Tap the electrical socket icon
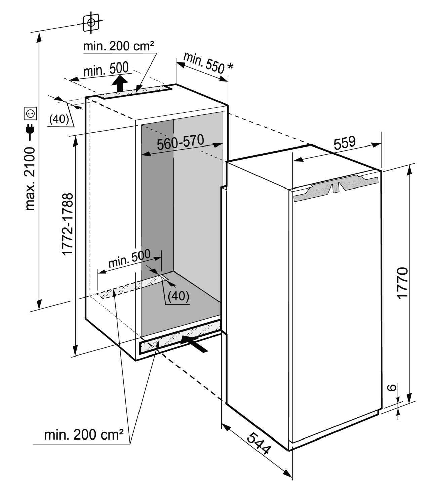pos(30,113)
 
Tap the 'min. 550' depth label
pos(203,63)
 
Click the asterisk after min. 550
pos(230,67)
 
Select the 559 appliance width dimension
pos(344,142)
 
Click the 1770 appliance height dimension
pos(403,283)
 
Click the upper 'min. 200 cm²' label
pos(119,46)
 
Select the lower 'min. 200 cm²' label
pos(84,435)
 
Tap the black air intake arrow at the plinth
pos(194,343)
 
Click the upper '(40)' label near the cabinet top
pos(59,119)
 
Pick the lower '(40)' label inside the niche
pos(178,296)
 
